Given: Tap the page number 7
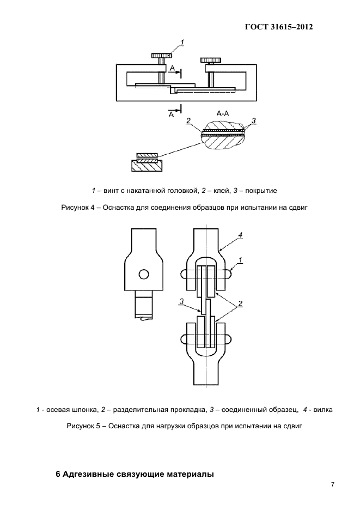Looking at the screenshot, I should coord(332,484).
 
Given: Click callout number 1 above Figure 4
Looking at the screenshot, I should coord(182,42).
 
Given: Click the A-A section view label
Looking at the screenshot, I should coord(224,113).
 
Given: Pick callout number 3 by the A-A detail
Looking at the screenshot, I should coord(254,120).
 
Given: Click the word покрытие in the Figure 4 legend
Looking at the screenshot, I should coord(261,191).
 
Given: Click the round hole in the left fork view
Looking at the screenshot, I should coord(144,274).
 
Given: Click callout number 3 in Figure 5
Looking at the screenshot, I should coord(182,301).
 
